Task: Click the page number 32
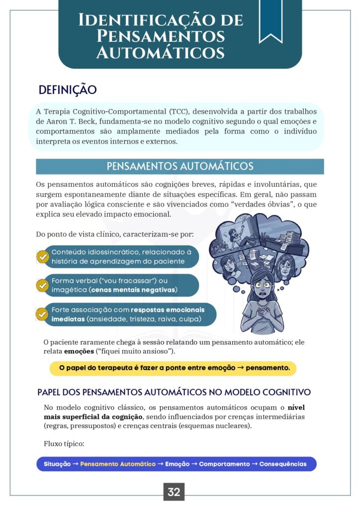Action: pos(174,492)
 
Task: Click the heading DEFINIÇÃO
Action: pos(68,90)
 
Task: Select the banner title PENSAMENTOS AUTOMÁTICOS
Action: pos(180,166)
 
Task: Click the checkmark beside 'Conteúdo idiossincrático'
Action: pos(43,256)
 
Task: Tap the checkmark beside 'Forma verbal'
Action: pos(43,285)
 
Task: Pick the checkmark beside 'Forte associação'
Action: pos(42,314)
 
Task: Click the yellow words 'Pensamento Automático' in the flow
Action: pos(118,464)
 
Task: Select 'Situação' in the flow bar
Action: pos(57,464)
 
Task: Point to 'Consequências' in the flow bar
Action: pos(283,464)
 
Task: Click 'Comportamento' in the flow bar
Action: pos(224,464)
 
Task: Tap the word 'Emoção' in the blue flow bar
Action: pos(178,464)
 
